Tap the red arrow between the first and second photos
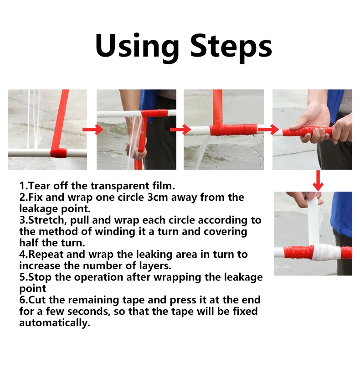91,130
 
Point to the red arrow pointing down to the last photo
318,181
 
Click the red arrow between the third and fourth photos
268,130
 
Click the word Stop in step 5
40,277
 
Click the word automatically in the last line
54,323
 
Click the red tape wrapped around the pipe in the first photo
59,153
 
